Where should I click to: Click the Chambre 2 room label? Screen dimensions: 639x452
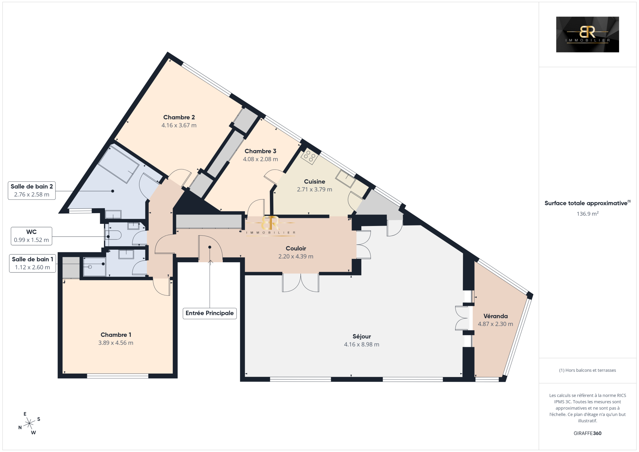point(179,117)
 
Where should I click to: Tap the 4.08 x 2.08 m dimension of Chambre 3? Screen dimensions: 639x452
point(261,159)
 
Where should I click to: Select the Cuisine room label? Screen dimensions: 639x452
point(315,182)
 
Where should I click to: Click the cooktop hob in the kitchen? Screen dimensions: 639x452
point(310,156)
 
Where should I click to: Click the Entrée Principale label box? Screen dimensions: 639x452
point(210,313)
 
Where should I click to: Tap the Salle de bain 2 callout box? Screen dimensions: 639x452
point(32,190)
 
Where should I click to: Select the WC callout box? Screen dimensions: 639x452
point(32,236)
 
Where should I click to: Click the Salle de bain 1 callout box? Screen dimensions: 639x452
point(32,263)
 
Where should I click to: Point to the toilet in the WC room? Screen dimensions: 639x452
point(113,235)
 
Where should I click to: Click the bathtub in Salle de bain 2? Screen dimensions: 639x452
point(119,165)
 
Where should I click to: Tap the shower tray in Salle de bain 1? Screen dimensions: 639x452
point(95,267)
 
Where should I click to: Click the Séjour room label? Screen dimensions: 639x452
point(362,337)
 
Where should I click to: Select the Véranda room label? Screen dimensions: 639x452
point(495,316)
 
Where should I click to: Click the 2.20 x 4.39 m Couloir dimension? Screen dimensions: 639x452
point(296,257)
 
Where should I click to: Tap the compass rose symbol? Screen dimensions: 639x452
point(29,424)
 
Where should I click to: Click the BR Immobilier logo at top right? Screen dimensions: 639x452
point(588,34)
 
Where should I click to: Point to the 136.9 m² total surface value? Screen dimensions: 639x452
point(588,214)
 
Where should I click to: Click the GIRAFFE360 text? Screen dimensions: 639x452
point(588,433)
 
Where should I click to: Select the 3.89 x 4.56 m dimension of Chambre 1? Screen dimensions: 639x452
point(116,343)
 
